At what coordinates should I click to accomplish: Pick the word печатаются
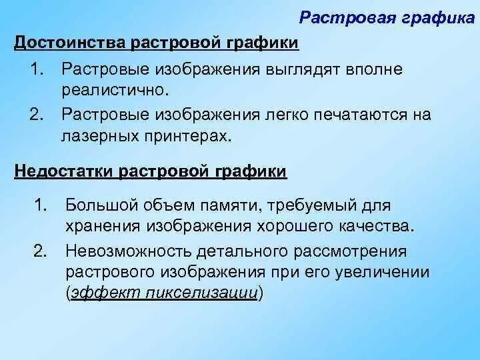[352, 114]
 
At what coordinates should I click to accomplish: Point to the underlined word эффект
[97, 293]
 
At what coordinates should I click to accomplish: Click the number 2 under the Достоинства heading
[37, 114]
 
